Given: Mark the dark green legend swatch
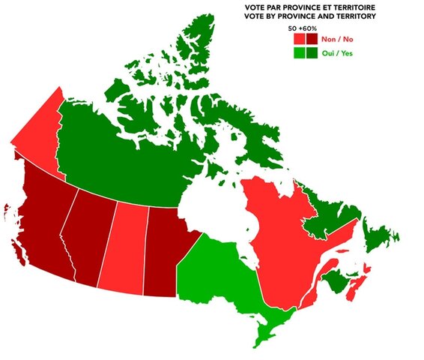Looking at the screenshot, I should pos(312,53).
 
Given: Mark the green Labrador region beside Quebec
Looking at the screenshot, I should pos(330,202).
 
